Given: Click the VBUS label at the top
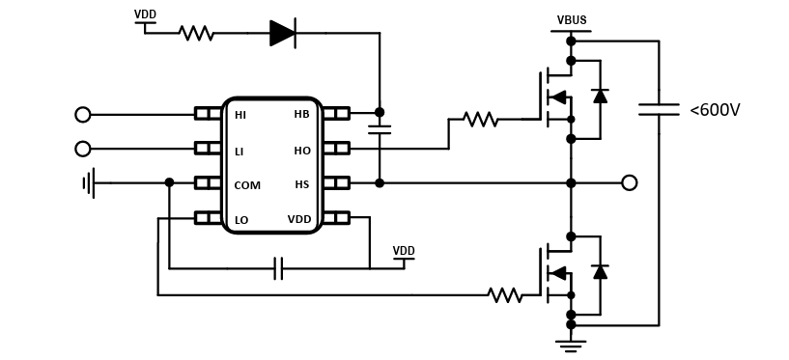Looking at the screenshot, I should tap(571, 20).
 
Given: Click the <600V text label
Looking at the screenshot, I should tap(715, 110).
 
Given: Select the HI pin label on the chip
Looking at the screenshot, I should tap(240, 114).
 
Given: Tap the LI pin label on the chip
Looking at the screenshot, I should tap(239, 150).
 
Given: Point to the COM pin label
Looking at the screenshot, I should tap(247, 184).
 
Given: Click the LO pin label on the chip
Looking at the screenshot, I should tap(240, 220).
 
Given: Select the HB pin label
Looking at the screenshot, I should tap(301, 114).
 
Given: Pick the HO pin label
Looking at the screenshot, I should tap(301, 150).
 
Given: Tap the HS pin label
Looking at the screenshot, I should tap(301, 184).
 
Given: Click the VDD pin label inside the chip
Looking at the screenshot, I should tap(298, 219).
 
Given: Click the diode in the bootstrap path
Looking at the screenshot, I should tap(282, 34).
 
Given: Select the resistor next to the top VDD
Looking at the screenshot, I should tap(196, 34).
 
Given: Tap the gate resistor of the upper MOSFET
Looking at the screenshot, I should tap(480, 120).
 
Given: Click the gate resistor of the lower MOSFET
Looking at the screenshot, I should tap(504, 294).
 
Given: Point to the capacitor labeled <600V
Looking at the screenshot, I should tap(659, 110).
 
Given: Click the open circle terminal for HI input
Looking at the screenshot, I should tap(83, 115).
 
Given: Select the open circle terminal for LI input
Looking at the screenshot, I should tap(83, 149).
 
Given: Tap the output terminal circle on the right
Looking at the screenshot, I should tap(629, 182).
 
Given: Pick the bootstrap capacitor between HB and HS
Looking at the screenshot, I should tap(379, 128).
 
